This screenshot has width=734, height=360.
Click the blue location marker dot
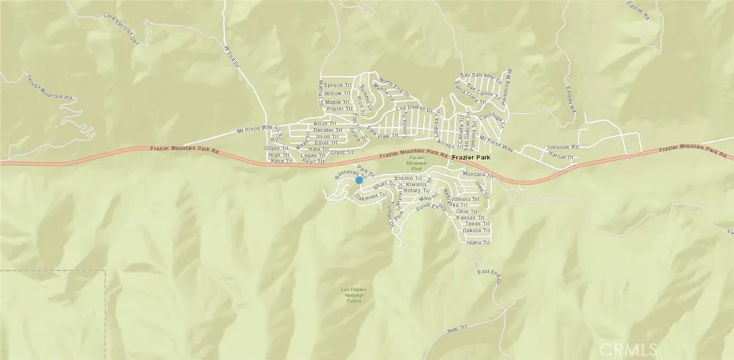click(360, 181)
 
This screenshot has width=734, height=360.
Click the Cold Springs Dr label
click(120, 28)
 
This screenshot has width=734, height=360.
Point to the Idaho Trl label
click(477, 243)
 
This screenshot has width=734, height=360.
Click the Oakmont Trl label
click(371, 194)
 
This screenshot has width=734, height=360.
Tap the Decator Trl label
click(330, 130)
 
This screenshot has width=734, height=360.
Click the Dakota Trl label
click(476, 231)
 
